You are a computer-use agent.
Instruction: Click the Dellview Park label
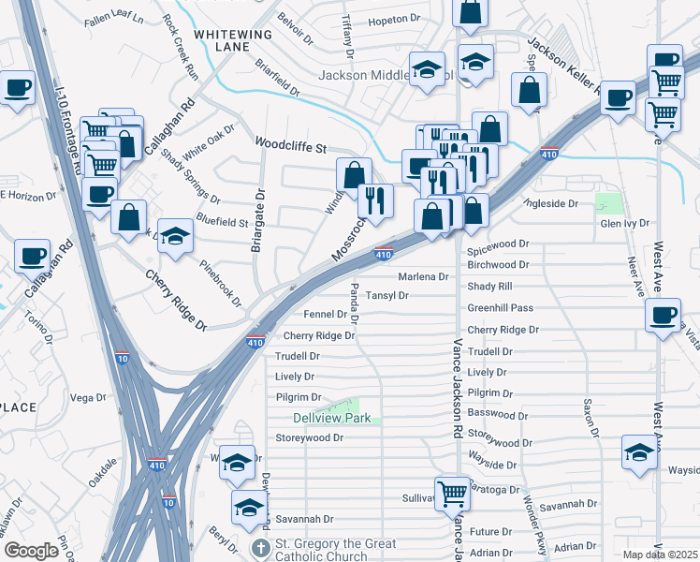tap(331, 418)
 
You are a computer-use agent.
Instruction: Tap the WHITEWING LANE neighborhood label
tap(232, 40)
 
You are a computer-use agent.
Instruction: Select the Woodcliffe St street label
tap(290, 148)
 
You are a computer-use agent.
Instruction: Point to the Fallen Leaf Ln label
tap(113, 19)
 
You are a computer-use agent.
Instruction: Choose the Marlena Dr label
tap(423, 276)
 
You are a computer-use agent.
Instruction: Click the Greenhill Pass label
tap(500, 307)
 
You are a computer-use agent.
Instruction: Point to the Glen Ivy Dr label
tap(624, 224)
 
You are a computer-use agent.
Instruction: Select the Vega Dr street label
tap(89, 398)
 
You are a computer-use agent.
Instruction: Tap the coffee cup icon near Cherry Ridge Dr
tap(663, 315)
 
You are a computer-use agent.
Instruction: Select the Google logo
tap(31, 551)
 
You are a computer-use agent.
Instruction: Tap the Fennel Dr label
tap(326, 315)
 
